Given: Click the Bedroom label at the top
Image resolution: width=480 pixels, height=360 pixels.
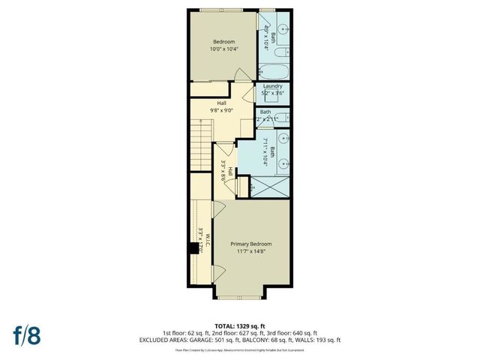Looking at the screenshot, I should (223, 41).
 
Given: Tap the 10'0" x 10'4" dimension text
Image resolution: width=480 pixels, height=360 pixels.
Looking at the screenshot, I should (223, 49).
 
